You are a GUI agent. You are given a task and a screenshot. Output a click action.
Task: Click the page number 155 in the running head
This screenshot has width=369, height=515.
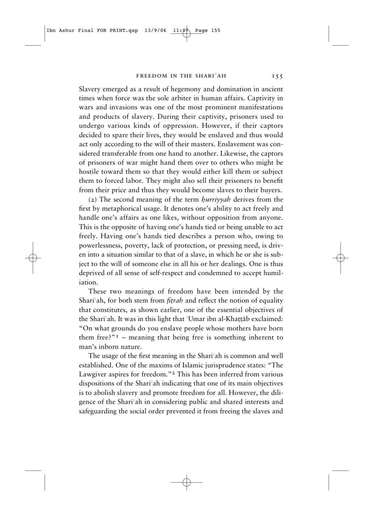277,76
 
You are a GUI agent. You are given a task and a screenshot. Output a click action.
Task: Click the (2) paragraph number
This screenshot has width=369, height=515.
93,199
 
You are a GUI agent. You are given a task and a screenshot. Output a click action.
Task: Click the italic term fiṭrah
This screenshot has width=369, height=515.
175,301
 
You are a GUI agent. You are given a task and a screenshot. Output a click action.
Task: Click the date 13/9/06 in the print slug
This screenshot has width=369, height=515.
155,30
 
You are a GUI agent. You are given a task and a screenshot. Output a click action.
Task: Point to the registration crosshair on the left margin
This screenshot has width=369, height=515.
33,258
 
